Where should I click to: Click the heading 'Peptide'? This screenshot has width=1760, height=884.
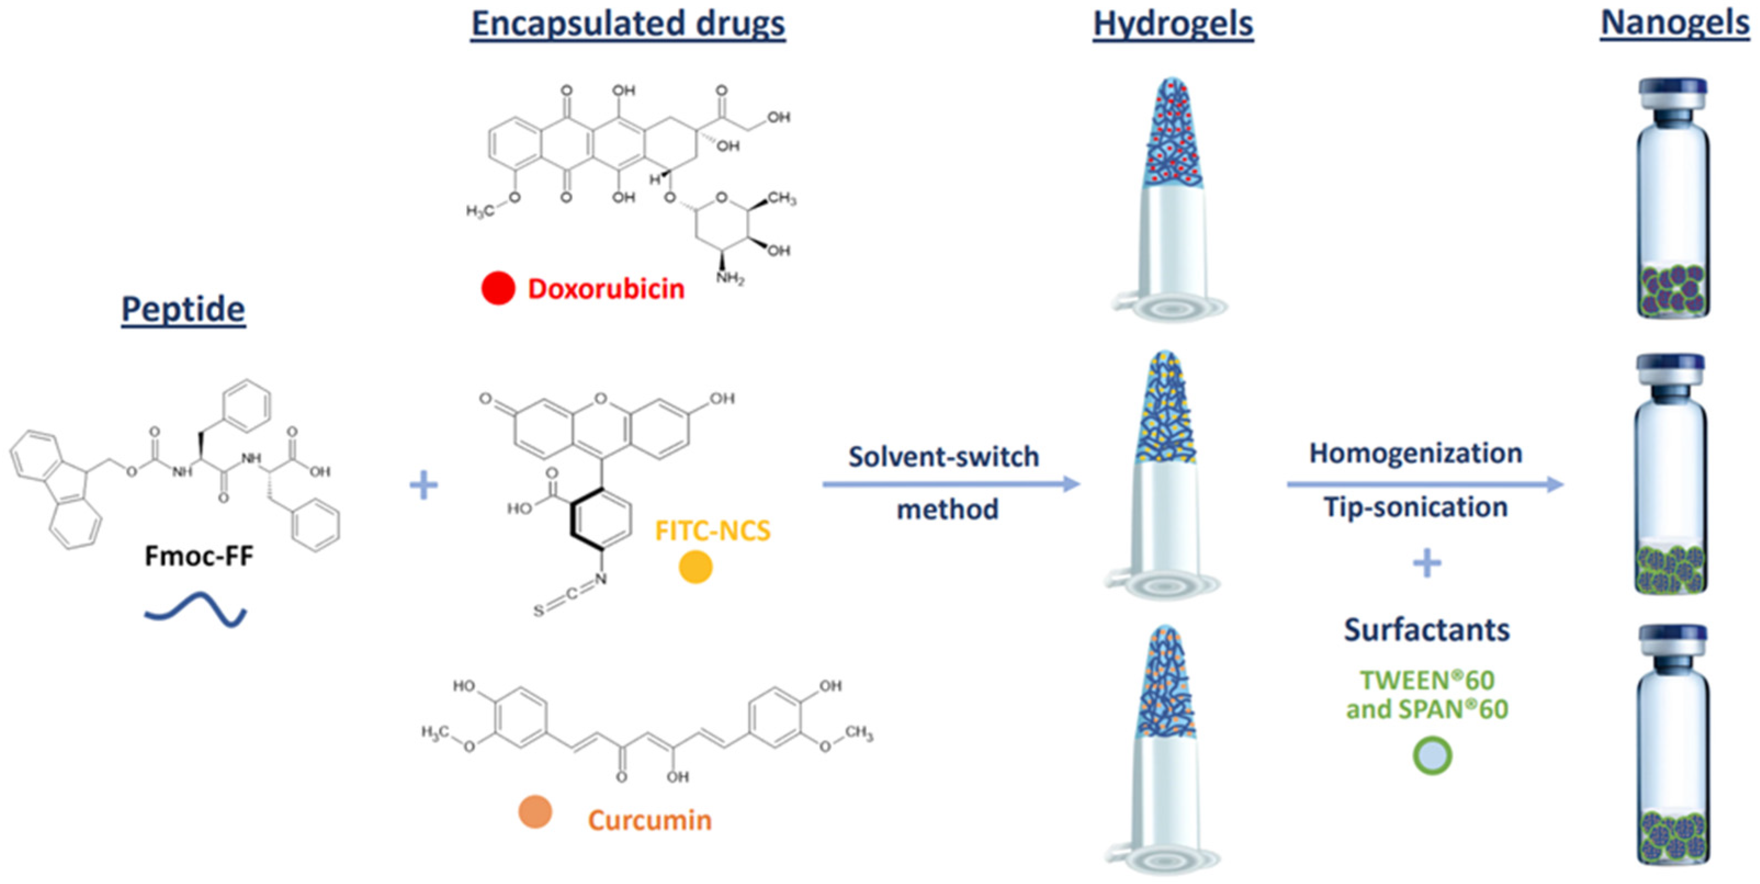point(183,309)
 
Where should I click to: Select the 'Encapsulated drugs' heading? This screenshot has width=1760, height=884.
point(628,24)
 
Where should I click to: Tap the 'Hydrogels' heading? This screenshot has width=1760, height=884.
point(1173,24)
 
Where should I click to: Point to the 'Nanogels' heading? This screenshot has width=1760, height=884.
point(1674,22)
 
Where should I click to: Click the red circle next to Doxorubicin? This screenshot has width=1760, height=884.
point(498,288)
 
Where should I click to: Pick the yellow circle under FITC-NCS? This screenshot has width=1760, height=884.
point(695,566)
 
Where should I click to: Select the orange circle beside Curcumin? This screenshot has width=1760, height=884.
point(535,812)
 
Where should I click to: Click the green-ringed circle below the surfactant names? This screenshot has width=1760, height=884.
point(1432,756)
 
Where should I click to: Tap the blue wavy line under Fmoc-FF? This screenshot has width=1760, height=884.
point(195,609)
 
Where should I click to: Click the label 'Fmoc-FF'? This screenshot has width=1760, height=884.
point(199,556)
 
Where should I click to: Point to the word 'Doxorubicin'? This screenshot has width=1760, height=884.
point(606,289)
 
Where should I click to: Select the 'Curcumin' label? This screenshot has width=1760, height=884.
point(650,820)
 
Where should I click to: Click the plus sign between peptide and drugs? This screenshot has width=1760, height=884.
point(423,486)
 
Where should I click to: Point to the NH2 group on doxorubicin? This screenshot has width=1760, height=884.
point(729,278)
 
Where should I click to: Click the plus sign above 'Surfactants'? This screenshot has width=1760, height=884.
point(1427,564)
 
